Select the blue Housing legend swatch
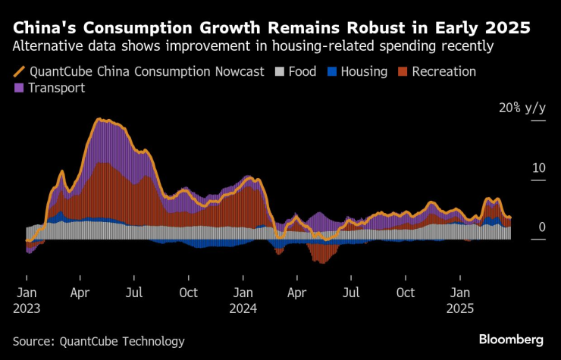[332, 72]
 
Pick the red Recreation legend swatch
[404, 72]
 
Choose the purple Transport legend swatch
[20, 88]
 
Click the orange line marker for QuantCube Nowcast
[20, 72]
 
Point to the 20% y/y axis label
[522, 108]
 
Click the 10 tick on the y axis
[539, 167]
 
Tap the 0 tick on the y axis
[542, 227]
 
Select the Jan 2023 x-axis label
[27, 300]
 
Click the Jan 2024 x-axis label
[244, 300]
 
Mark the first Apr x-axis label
[81, 293]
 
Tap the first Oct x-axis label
[189, 293]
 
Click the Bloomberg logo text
[511, 339]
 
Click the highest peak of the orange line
[99, 120]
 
